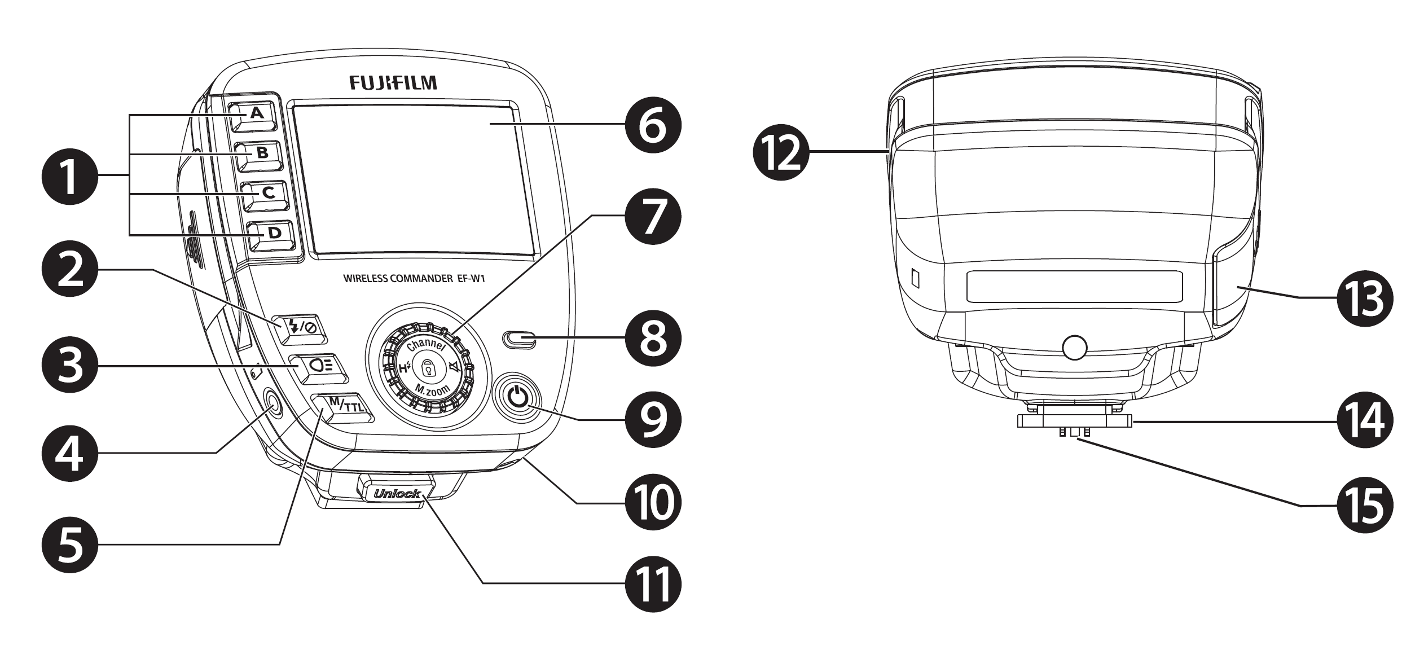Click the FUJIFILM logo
(393, 83)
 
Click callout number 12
(780, 152)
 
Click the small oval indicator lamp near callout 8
(519, 340)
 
